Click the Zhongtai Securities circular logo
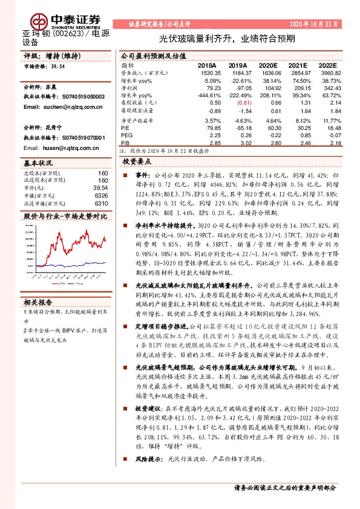pyautogui.click(x=32, y=11)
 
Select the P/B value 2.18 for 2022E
pyautogui.click(x=336, y=144)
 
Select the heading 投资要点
pyautogui.click(x=136, y=163)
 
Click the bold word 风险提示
pyautogui.click(x=148, y=459)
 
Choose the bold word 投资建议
pyautogui.click(x=148, y=409)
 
